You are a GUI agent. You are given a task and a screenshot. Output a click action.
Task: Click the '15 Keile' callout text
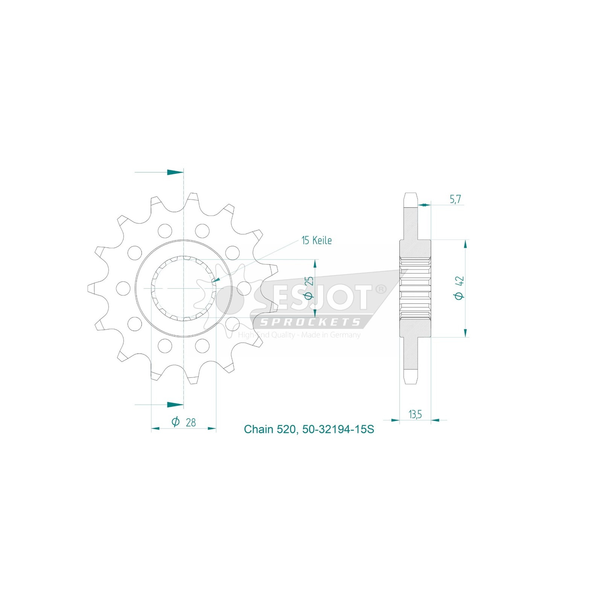pos(316,240)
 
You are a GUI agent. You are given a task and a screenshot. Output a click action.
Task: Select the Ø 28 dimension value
pos(184,422)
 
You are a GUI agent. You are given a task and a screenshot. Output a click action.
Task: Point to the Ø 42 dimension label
pos(459,288)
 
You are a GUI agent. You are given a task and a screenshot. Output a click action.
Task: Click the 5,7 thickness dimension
pos(455,199)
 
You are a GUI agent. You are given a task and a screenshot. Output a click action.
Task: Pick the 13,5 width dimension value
pos(415,414)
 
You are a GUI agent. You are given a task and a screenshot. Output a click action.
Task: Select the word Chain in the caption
pos(259,429)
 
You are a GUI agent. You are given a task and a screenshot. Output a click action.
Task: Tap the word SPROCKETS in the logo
pos(310,322)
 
